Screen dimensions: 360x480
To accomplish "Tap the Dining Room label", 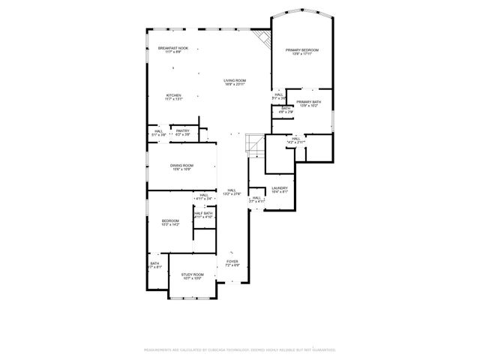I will click(181, 167).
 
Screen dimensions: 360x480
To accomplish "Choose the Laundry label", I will click(279, 189).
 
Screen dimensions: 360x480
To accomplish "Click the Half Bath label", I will click(202, 215).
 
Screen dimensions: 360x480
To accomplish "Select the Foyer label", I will click(232, 263).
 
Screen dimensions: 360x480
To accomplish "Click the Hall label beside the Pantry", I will click(159, 133).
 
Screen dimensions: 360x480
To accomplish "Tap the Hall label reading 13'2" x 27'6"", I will click(232, 192).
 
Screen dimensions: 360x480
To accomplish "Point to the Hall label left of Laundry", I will click(256, 199).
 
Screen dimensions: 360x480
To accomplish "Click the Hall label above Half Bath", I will click(204, 197).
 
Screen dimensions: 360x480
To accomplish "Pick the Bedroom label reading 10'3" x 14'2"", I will click(170, 222).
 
